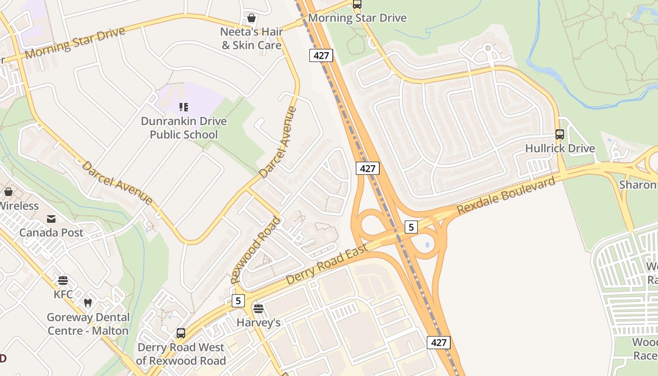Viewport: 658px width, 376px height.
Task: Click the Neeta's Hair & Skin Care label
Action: [251, 39]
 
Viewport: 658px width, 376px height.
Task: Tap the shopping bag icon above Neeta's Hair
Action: [251, 18]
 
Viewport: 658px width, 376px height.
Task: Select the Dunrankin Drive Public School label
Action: [184, 128]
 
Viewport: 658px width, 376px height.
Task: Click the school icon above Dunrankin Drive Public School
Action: [184, 107]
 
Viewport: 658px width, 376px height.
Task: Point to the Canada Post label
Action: [51, 233]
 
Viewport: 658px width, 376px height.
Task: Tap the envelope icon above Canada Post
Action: [51, 219]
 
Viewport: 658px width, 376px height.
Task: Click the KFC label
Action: [63, 295]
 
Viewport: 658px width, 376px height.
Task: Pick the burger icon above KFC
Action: [63, 281]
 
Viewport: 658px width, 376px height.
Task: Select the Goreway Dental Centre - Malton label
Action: [88, 324]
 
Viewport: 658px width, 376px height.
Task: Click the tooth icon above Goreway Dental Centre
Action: [88, 303]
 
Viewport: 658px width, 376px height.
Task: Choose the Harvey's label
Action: [258, 322]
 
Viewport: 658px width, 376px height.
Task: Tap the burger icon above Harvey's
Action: [258, 309]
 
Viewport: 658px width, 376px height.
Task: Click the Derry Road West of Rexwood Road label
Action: [181, 354]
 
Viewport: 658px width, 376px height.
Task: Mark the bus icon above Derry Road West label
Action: [181, 333]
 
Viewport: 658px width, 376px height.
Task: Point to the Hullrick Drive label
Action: [560, 149]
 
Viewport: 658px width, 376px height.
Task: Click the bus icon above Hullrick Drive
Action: [560, 134]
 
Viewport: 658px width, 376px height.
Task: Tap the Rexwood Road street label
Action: [256, 250]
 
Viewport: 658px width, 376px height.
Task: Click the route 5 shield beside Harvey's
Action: [238, 300]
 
